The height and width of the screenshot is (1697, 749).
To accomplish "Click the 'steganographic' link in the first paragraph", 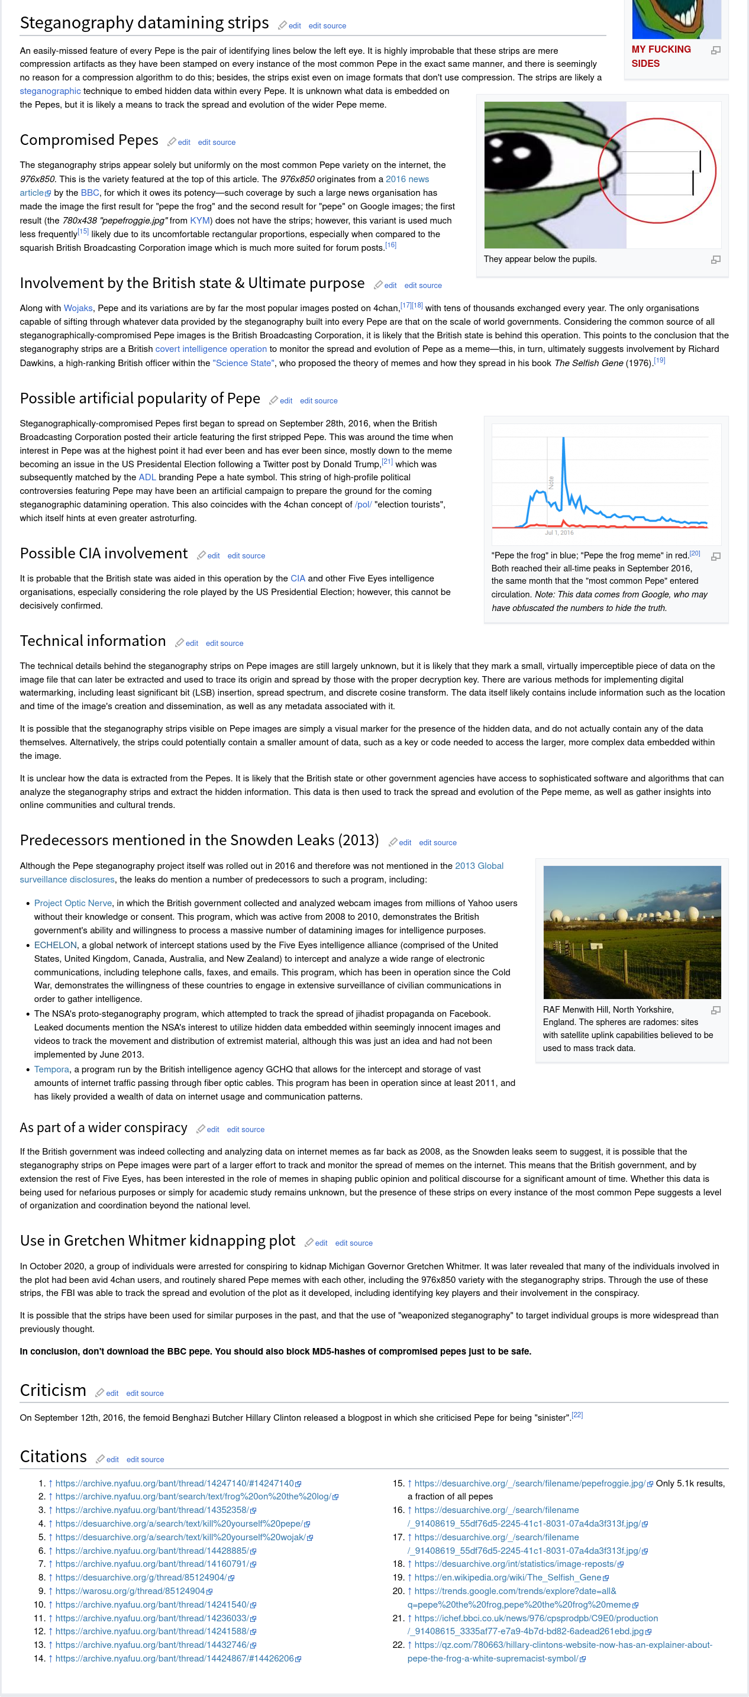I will tap(50, 91).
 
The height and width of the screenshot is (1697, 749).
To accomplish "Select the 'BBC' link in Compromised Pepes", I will tap(89, 193).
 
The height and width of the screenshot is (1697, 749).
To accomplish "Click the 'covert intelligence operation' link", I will tap(211, 349).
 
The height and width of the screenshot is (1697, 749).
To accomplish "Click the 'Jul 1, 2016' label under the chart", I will tap(558, 532).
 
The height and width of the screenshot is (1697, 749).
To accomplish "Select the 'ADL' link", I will tap(147, 477).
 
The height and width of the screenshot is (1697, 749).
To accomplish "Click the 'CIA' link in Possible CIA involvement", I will tap(298, 578).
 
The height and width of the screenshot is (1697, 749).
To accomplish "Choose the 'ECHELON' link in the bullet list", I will tap(56, 945).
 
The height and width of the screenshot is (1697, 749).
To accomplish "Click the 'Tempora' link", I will tap(51, 1070).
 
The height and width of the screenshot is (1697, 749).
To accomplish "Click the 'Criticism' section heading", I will tap(53, 1391).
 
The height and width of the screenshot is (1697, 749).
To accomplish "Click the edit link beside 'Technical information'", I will tap(192, 644).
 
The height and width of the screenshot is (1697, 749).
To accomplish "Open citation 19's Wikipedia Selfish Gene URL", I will tap(507, 1578).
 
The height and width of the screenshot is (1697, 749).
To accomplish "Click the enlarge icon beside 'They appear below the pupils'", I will tap(715, 260).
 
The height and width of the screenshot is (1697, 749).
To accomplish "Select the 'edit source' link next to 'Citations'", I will tap(145, 1460).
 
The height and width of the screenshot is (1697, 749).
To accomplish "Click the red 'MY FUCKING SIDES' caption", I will tap(661, 57).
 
